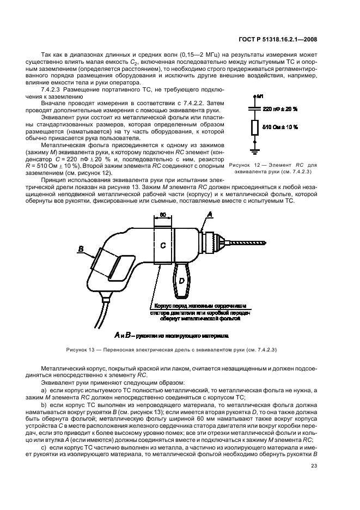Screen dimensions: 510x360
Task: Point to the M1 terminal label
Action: coord(260,96)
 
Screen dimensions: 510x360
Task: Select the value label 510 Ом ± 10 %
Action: coord(280,127)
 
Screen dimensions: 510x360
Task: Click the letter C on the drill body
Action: coord(162,245)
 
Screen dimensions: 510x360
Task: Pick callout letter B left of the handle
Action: coord(82,249)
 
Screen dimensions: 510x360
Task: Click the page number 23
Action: coord(314,465)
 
